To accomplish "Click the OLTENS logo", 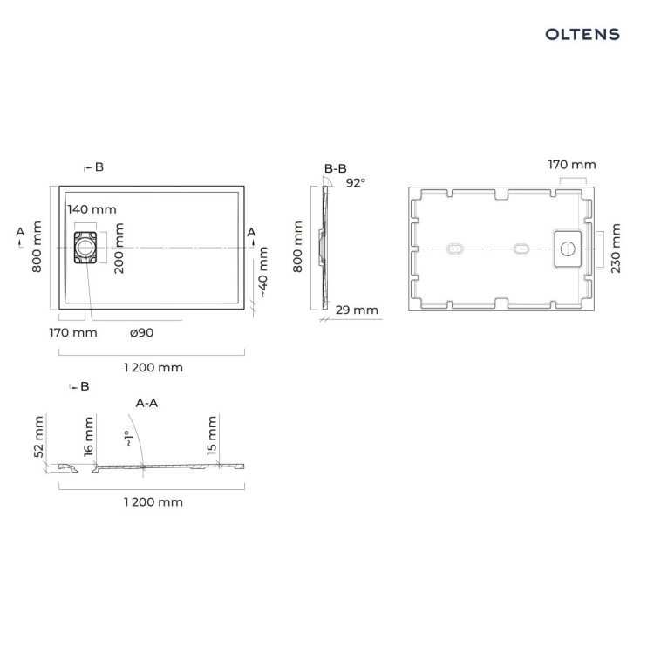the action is (x=582, y=34).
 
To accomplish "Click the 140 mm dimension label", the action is (x=92, y=209).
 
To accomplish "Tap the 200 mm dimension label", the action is (x=119, y=248).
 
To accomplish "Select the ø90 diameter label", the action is (x=141, y=332).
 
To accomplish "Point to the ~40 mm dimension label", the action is (x=263, y=271).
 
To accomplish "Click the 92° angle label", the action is (x=356, y=183).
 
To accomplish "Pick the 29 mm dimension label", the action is (x=357, y=310).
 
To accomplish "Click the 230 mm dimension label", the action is (x=616, y=249).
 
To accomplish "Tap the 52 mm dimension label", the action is (x=38, y=436).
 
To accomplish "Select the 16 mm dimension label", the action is (x=88, y=436).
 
